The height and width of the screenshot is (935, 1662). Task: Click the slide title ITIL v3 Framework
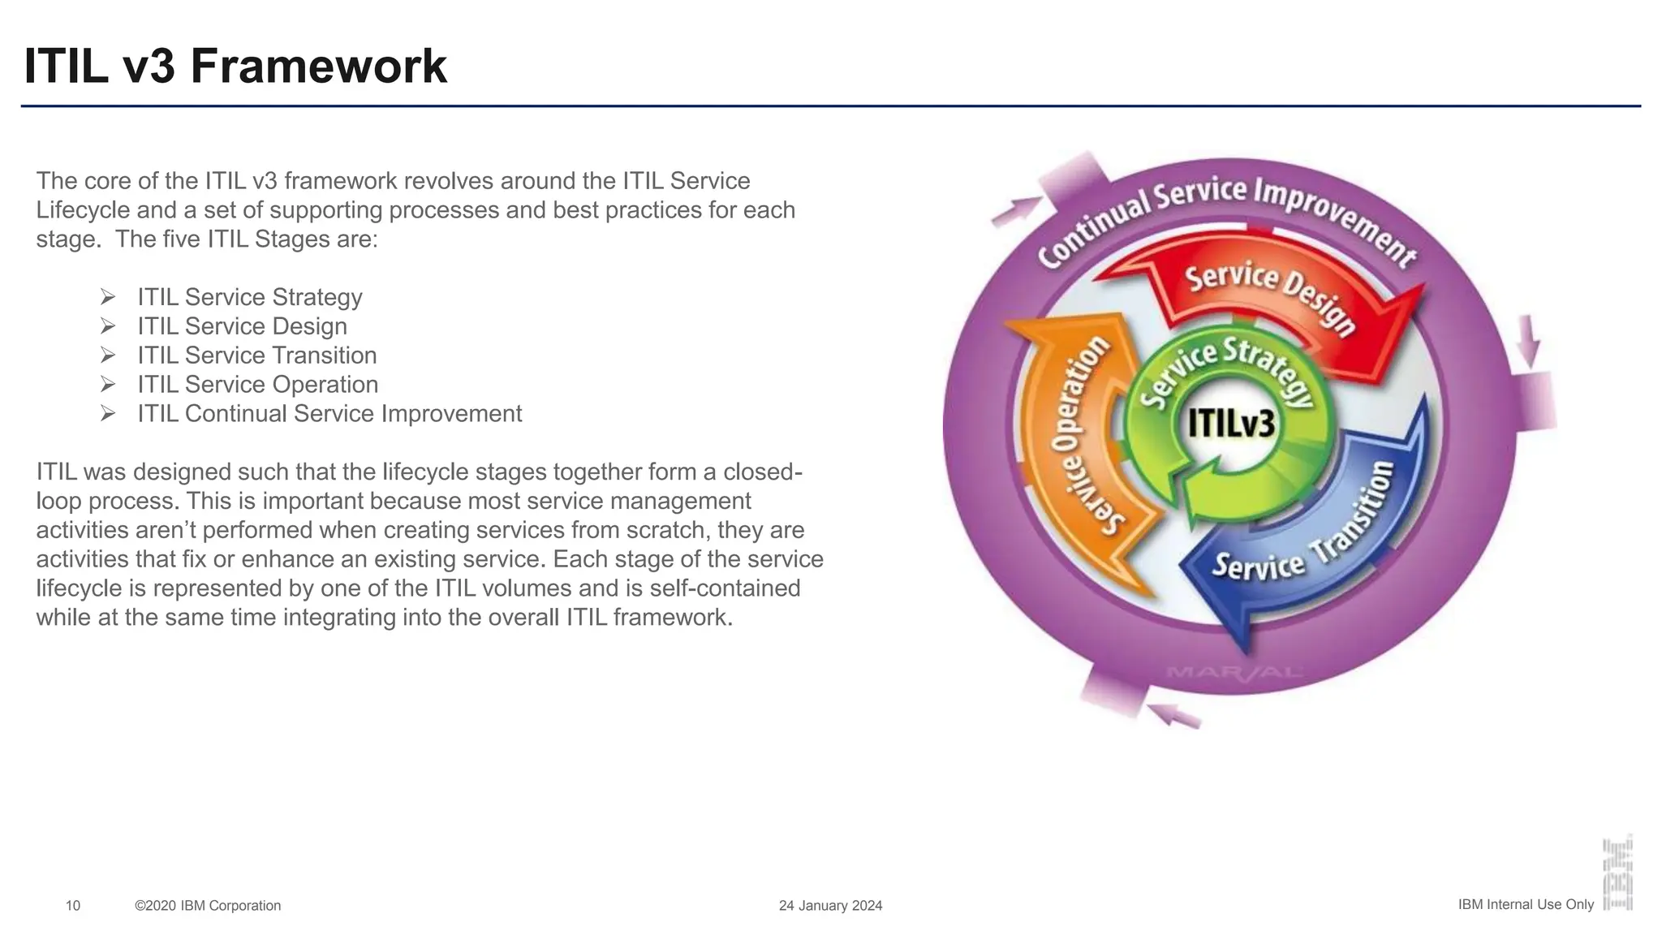click(x=235, y=67)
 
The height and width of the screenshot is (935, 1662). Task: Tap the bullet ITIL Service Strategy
click(x=249, y=297)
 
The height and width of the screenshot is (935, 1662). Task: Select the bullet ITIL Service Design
click(x=242, y=326)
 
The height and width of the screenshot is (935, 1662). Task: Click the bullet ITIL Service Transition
click(x=256, y=355)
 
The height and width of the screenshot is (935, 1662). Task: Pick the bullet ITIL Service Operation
click(x=257, y=385)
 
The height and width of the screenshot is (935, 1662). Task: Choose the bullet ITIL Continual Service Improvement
click(x=329, y=414)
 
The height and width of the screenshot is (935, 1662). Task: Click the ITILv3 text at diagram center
click(x=1231, y=424)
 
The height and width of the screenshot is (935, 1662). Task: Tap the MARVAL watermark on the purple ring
click(x=1234, y=672)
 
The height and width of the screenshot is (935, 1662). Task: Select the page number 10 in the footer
click(x=73, y=906)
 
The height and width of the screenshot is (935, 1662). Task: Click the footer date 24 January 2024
click(x=830, y=906)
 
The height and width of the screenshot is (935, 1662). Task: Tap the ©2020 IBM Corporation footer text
click(x=208, y=906)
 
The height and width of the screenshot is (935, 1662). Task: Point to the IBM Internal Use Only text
click(x=1526, y=904)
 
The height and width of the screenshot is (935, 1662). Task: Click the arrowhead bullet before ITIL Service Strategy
click(x=108, y=297)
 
